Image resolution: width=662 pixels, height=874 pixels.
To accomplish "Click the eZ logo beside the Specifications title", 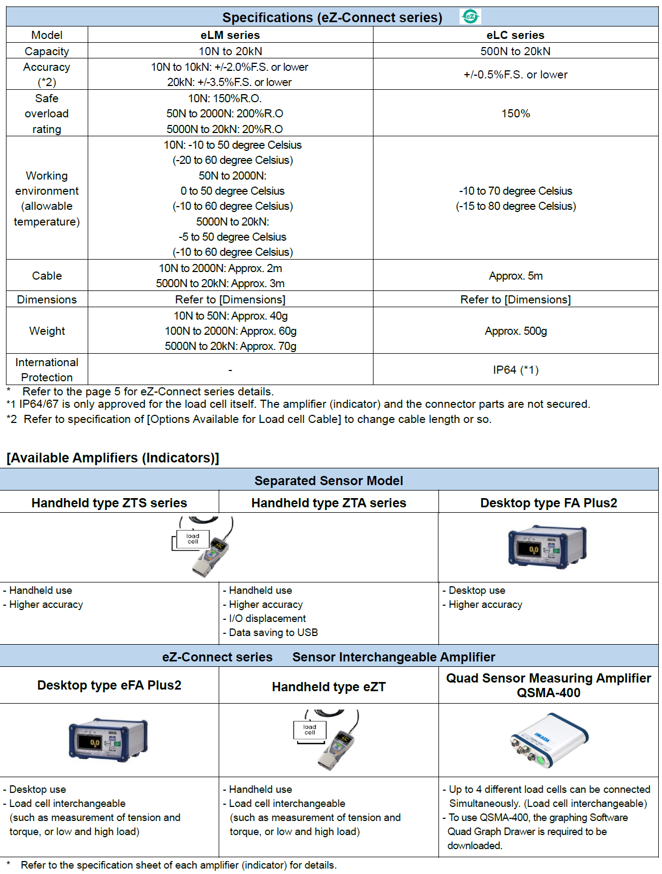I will (x=470, y=17).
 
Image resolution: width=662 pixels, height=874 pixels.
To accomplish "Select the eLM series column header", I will (x=230, y=35).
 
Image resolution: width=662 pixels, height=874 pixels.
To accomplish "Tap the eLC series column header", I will (x=515, y=35).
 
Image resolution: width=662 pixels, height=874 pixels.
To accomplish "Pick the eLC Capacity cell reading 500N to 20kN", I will (x=515, y=51).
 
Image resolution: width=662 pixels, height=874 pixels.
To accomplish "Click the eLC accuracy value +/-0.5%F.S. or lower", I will (x=515, y=75).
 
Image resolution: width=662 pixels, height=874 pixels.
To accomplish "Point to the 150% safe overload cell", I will (x=515, y=114).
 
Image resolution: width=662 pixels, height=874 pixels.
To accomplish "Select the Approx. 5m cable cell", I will (x=515, y=276).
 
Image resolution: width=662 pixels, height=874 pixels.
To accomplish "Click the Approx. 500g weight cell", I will (x=515, y=331).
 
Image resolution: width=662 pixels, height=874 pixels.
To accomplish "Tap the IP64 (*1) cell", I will (x=515, y=370).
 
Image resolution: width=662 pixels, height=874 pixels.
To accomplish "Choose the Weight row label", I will (x=47, y=331).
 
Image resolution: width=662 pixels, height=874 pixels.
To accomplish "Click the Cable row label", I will (x=47, y=276).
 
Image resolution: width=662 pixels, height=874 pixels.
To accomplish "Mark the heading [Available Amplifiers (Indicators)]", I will (x=113, y=458).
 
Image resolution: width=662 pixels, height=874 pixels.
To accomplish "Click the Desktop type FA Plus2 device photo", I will (x=547, y=546).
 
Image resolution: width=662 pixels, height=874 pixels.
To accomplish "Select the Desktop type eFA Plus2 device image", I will (x=108, y=740).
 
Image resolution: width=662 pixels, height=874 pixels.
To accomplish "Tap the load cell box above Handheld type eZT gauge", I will (x=310, y=730).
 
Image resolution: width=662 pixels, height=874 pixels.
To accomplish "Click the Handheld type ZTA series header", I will (x=329, y=503).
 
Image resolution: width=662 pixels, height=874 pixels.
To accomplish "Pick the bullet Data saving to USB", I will (x=273, y=633).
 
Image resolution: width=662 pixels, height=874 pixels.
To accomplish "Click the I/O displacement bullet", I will (x=267, y=619).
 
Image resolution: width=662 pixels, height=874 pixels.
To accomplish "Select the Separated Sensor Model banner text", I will (x=329, y=481).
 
